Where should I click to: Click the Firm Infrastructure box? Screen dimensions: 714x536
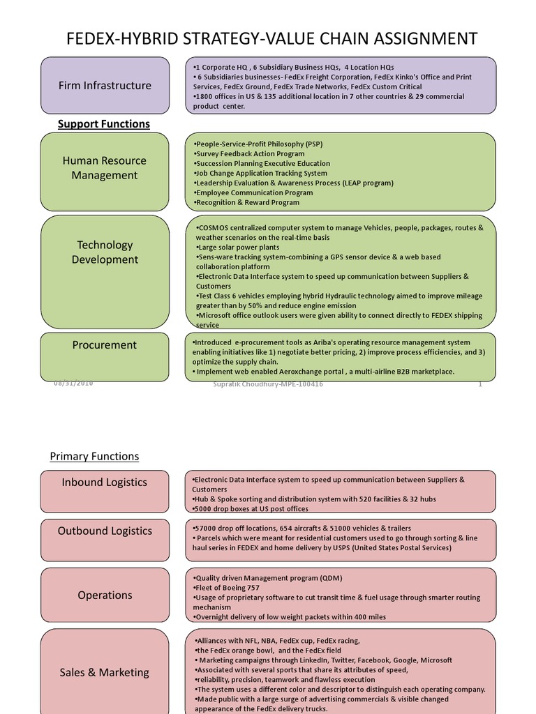pos(105,85)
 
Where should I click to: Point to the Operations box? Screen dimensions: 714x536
pos(105,595)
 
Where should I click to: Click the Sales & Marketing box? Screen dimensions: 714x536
pos(105,671)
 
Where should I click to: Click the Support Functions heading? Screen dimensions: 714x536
pos(103,124)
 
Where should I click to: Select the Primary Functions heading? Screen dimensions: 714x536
pos(94,457)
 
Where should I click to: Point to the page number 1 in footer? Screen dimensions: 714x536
pos(480,384)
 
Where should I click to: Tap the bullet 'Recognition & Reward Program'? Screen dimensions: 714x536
pos(247,203)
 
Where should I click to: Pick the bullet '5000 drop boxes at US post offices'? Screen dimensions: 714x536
pos(249,509)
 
